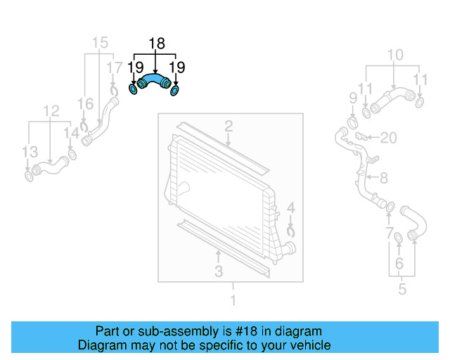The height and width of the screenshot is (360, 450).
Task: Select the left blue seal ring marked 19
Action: click(x=134, y=90)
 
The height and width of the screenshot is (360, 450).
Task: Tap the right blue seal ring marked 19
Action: click(x=176, y=90)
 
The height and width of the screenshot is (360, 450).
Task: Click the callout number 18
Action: click(x=156, y=44)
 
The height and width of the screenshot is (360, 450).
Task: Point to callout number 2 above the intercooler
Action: click(x=229, y=127)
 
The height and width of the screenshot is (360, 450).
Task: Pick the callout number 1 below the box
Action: click(x=233, y=302)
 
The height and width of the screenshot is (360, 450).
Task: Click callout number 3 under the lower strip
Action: click(x=219, y=271)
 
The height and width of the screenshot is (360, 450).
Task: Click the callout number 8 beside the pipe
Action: click(x=384, y=178)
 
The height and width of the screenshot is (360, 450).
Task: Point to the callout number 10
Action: click(x=395, y=55)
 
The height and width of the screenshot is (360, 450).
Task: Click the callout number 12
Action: click(x=51, y=111)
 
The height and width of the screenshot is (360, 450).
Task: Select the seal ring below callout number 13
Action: click(x=30, y=175)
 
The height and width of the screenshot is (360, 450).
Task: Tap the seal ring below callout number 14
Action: click(x=72, y=155)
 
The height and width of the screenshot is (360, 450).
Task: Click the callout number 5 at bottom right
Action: click(x=401, y=288)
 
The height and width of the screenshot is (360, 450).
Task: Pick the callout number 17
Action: click(x=114, y=67)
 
